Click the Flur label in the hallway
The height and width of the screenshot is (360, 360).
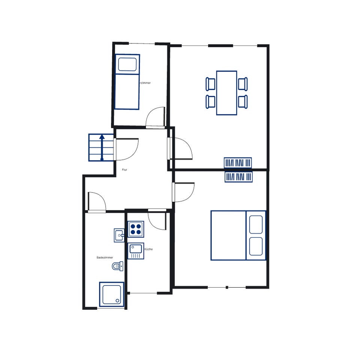pos(124,170)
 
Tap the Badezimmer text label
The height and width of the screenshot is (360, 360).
pos(105,258)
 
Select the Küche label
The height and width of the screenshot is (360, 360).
pos(148,249)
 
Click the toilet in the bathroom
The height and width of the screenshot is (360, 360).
pos(117,266)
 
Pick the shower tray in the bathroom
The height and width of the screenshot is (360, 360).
pos(111,294)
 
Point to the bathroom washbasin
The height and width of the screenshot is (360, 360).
pos(119,235)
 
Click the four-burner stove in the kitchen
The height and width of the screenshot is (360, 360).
pos(136,229)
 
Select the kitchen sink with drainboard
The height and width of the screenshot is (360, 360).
pos(136,251)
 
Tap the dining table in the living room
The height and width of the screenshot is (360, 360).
pos(226,93)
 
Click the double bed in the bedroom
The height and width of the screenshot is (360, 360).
pos(238,235)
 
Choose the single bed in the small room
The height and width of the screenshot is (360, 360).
pos(127,82)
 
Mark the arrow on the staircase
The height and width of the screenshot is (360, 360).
pos(102,147)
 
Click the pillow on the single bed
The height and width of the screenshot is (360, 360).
pos(127,64)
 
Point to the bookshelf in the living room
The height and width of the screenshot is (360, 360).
pos(238,163)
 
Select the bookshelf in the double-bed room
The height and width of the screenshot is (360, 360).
pos(238,177)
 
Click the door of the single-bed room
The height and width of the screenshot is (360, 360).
pos(155,117)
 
